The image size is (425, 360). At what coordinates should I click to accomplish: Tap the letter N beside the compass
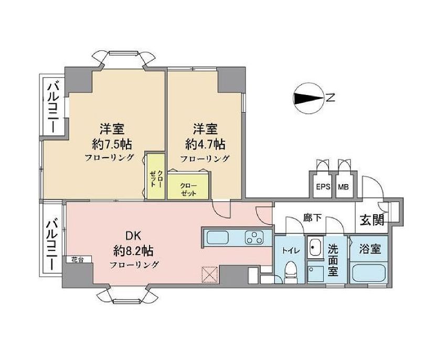[331, 98]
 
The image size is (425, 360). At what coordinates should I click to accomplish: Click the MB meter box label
[343, 186]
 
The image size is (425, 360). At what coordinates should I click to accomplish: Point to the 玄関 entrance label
[371, 219]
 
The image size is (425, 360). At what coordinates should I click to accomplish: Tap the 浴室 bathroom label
[371, 250]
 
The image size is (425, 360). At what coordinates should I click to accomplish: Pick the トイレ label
[289, 250]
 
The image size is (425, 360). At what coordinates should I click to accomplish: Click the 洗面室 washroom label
[333, 260]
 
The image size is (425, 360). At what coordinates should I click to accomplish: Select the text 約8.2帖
[134, 251]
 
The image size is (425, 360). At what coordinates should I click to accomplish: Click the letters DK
[133, 236]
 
